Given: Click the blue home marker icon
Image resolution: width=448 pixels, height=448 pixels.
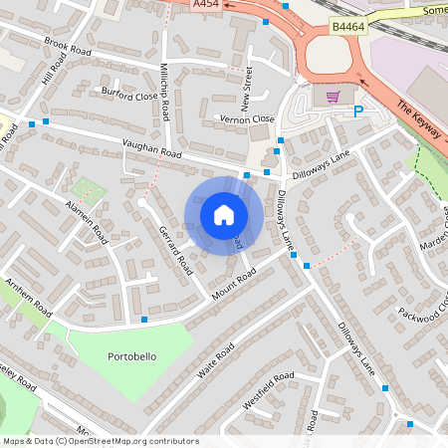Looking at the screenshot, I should coord(224,214).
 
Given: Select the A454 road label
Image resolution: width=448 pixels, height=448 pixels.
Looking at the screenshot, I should coord(206,5).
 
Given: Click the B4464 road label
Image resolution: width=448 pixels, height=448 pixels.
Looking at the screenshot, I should coord(347,27).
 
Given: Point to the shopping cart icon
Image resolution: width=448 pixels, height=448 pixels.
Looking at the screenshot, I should coord(333,96).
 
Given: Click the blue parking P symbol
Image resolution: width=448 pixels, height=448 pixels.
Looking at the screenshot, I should coord(358,112).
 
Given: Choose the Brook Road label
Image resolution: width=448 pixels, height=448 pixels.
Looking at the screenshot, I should coord(68,46).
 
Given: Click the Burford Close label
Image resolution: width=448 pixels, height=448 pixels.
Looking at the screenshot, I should coord(129,96).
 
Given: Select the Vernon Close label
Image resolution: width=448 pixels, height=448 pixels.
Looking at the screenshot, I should coord(246,118).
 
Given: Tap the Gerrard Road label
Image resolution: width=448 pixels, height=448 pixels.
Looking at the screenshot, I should coord(175,249).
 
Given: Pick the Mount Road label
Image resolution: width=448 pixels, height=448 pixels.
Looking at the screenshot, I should coord(234,285).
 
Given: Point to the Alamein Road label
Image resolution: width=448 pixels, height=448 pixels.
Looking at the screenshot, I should coord(87,214).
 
